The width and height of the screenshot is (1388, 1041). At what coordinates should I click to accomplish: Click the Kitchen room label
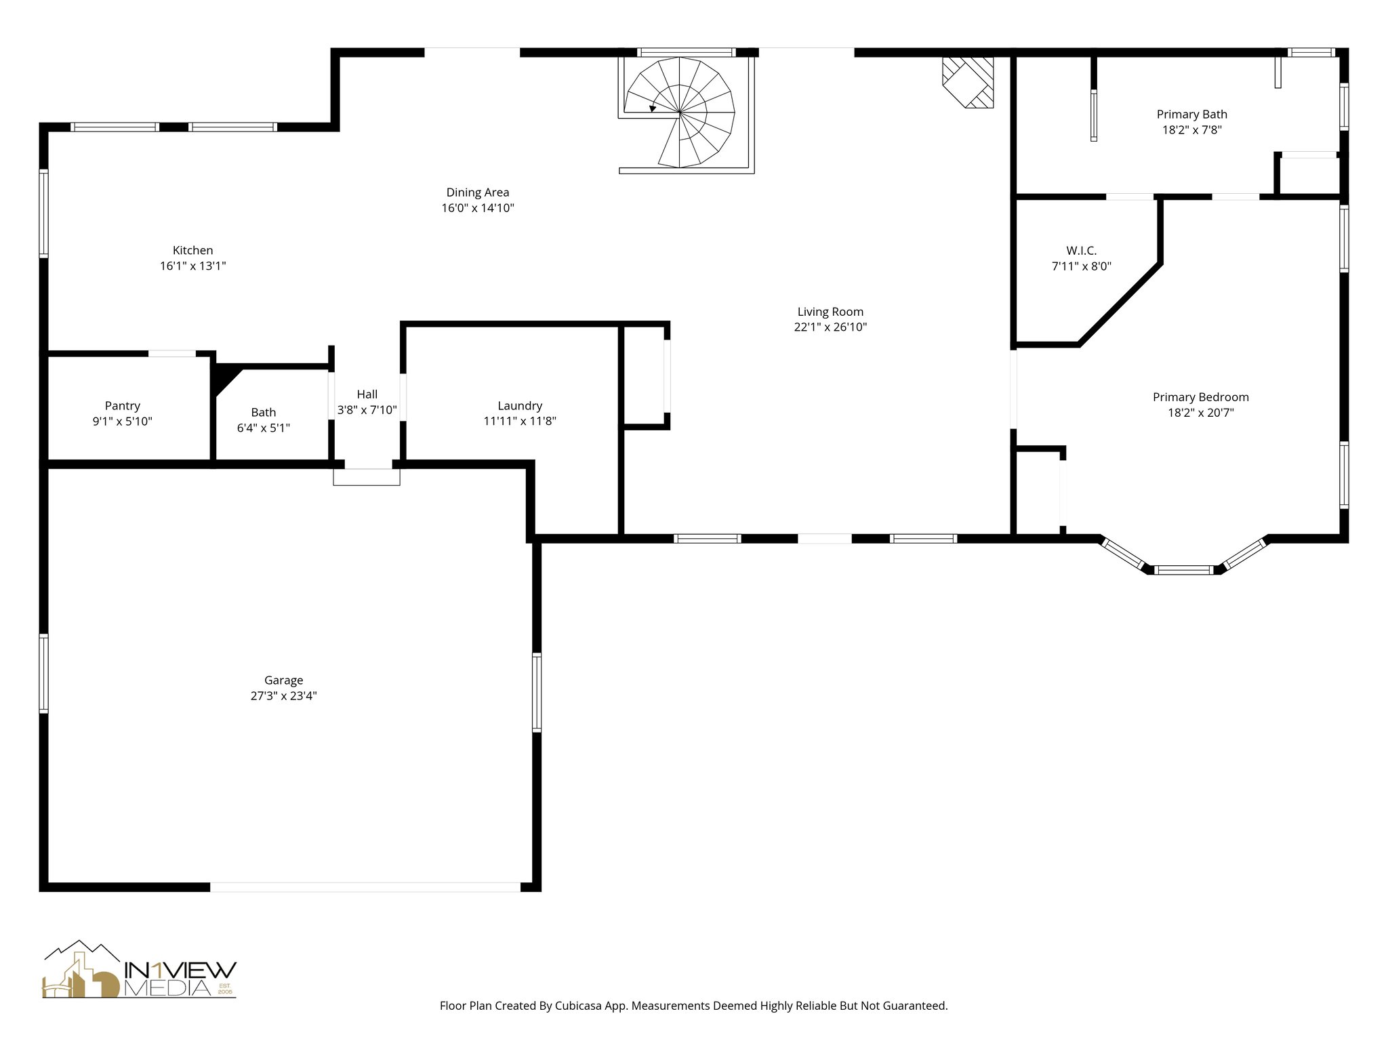coord(192,251)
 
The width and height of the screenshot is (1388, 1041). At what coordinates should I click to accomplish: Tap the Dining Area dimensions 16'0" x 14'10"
coord(478,208)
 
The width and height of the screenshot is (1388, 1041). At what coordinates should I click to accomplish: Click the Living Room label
coord(830,312)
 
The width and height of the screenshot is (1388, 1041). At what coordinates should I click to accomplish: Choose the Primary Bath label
coord(1191,115)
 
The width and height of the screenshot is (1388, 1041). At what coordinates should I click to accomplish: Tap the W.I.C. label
coord(1081,251)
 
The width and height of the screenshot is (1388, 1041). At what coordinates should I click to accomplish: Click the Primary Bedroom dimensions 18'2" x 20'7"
coord(1200,413)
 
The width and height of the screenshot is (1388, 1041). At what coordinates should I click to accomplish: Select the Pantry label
coord(122,406)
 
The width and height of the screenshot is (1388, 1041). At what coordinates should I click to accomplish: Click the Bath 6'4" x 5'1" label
coord(264,420)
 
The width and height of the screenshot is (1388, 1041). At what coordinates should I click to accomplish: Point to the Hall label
coord(367,394)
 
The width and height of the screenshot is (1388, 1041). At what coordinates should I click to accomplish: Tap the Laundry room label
coord(520,406)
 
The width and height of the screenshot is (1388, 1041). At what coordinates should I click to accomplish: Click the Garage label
coord(283,680)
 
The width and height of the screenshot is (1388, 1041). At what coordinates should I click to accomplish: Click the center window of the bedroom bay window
coord(1184,570)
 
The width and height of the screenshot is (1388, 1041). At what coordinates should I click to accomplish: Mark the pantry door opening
coord(172,353)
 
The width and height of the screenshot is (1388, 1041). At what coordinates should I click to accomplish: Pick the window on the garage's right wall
coord(537,692)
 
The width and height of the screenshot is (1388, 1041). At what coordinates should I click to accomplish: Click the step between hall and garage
coord(367,476)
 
